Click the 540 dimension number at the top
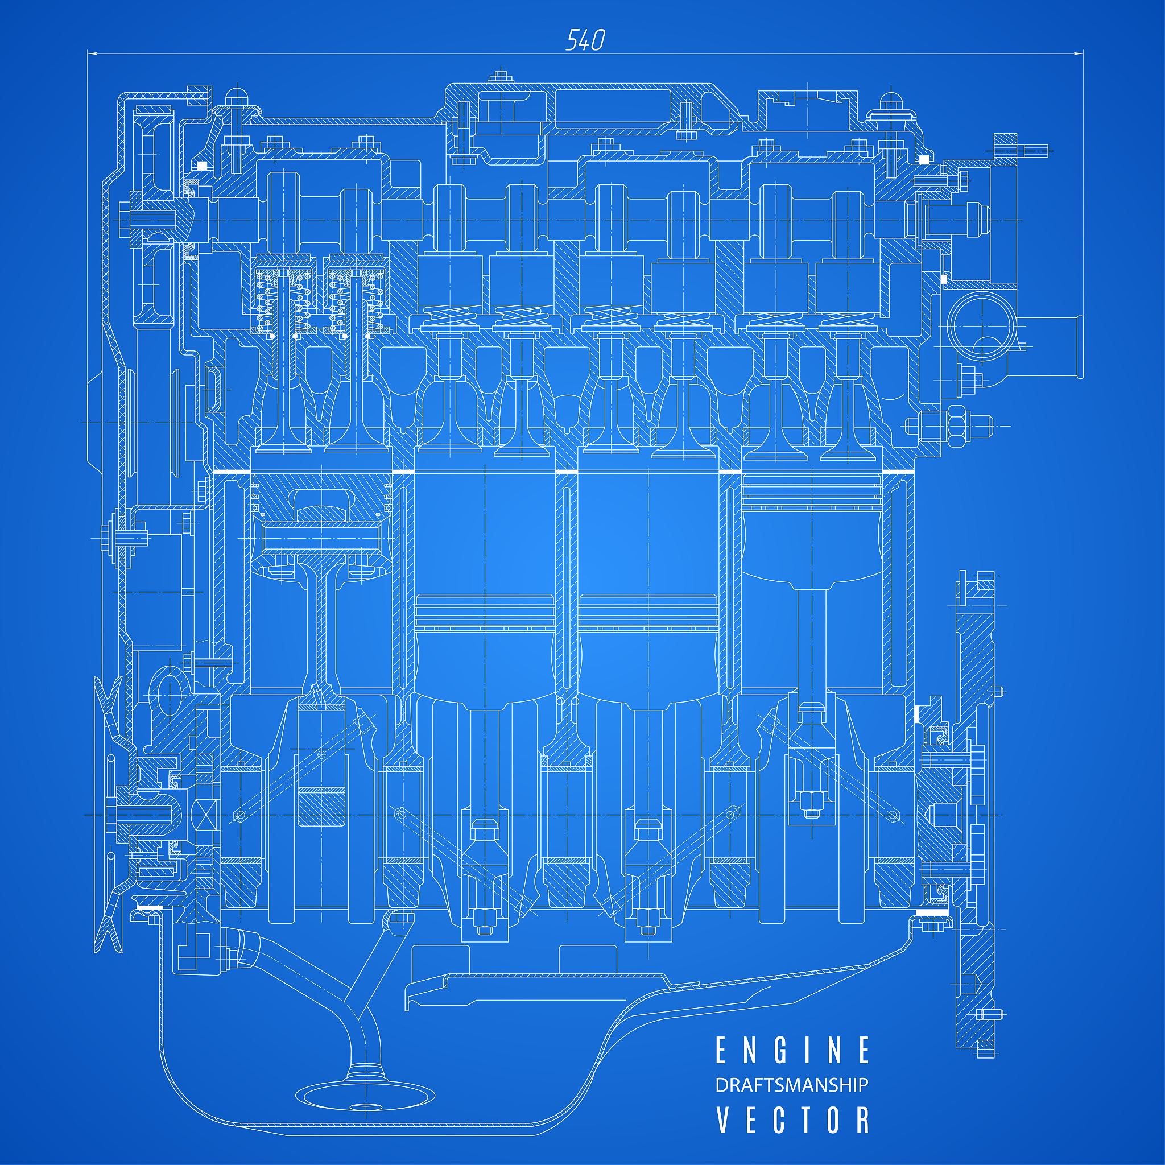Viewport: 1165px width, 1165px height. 585,40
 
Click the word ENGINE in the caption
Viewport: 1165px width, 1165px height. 792,1051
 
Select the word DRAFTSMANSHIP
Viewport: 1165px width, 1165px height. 792,1085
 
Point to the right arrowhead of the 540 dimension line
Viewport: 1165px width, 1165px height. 1078,53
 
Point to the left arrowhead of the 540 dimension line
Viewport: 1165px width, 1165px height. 93,53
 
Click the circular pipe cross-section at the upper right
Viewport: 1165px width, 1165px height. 981,326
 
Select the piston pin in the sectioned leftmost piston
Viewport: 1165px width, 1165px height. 321,536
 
